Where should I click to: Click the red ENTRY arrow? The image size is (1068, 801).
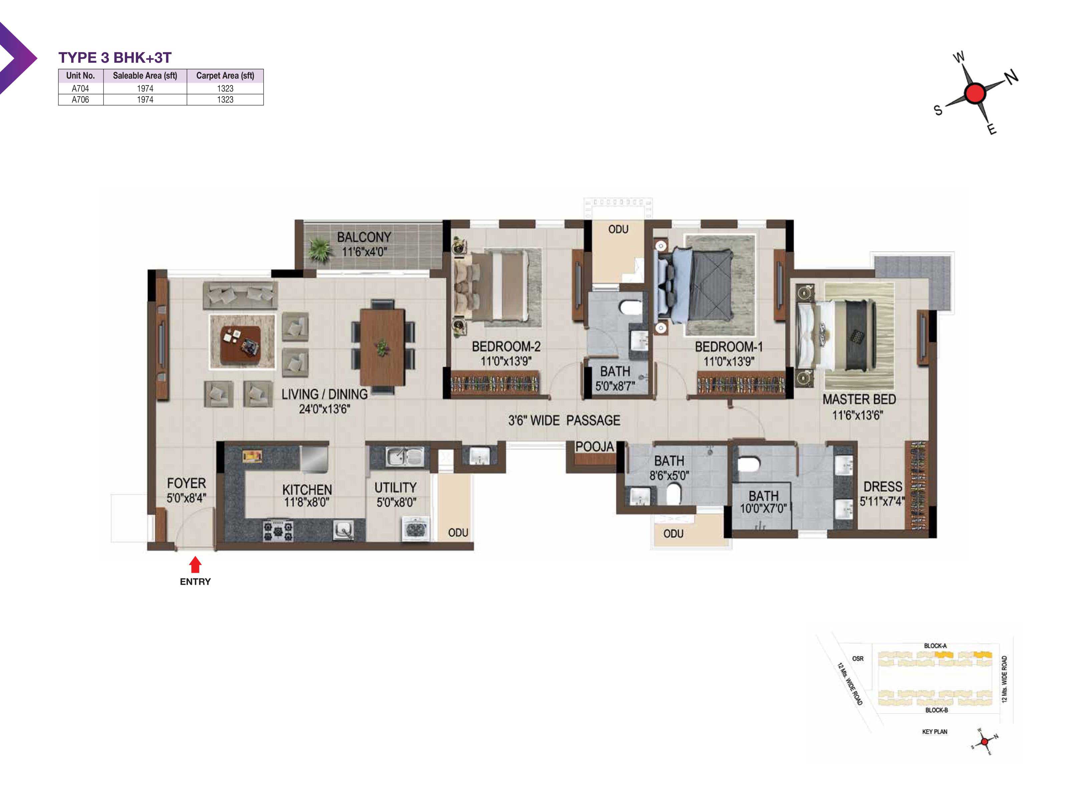pyautogui.click(x=195, y=564)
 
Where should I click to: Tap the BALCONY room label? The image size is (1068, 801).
pyautogui.click(x=364, y=237)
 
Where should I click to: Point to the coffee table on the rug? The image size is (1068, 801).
pyautogui.click(x=240, y=344)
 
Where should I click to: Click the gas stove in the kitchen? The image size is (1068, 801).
pyautogui.click(x=278, y=530)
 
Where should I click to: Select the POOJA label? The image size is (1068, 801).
pyautogui.click(x=594, y=447)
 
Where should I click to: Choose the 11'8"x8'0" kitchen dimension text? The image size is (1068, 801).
pyautogui.click(x=307, y=502)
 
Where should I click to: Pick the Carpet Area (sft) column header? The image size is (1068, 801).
pyautogui.click(x=225, y=75)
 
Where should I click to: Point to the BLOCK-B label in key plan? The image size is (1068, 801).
pyautogui.click(x=936, y=710)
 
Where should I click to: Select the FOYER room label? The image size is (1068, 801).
pyautogui.click(x=186, y=483)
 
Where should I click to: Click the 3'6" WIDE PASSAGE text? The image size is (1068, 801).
pyautogui.click(x=564, y=420)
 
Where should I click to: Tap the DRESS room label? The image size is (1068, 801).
pyautogui.click(x=882, y=486)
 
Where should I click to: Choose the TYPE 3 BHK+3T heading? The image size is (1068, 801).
pyautogui.click(x=115, y=57)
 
